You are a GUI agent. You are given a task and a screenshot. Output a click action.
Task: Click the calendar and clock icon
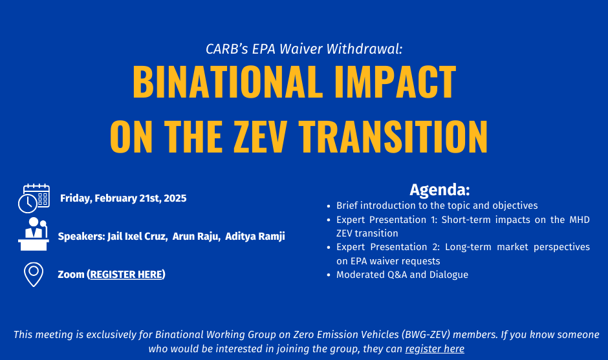[x=34, y=198]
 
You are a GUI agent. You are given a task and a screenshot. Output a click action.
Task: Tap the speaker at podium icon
[x=34, y=234]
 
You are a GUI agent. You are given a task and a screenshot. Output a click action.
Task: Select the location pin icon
[x=34, y=275]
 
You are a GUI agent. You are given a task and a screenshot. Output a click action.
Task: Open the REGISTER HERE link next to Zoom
[x=126, y=274]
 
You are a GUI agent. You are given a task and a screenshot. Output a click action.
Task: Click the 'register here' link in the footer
[x=435, y=349]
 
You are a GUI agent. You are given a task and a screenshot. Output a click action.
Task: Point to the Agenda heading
[x=440, y=189]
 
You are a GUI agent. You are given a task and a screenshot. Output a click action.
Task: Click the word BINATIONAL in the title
[x=228, y=82]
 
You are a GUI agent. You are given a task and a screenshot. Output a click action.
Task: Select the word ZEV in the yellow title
[x=260, y=136]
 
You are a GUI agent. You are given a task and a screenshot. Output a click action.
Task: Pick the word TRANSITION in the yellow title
[x=393, y=136]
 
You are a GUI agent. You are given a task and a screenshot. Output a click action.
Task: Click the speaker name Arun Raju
[x=196, y=237]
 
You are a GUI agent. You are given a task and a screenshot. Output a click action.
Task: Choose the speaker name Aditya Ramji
[x=255, y=237]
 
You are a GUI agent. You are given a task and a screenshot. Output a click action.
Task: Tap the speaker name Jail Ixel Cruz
[x=137, y=237]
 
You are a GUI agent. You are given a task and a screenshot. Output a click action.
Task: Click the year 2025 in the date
[x=175, y=198]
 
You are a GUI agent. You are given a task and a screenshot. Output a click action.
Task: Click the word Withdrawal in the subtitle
[x=364, y=49]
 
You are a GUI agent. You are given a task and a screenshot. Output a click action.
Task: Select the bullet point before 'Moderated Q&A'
[x=329, y=275]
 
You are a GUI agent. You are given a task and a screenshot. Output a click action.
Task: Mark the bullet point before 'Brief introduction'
[x=329, y=206]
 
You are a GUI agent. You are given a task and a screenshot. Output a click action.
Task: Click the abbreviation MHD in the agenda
[x=580, y=220]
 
